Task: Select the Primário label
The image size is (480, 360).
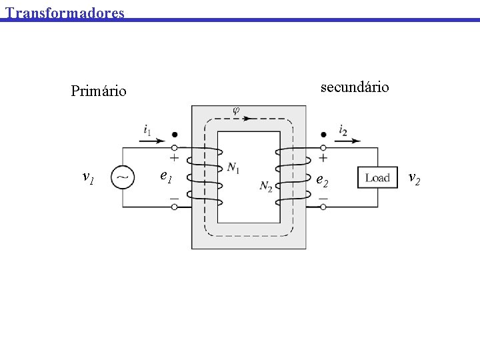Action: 99,91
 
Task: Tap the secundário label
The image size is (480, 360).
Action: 355,87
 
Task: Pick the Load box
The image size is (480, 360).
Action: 377,177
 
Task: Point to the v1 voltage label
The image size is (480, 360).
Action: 88,177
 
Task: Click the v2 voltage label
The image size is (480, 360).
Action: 414,177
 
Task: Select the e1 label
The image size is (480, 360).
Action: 167,177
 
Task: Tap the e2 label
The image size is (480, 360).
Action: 321,179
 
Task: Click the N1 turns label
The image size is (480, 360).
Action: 233,167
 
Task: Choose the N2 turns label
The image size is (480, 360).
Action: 266,185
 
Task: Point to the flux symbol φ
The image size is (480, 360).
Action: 236,110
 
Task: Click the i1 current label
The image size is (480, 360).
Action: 147,129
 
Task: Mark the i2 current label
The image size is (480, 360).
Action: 343,129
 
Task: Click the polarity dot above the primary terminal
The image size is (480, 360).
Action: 175,134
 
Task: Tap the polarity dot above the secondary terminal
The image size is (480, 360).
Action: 323,134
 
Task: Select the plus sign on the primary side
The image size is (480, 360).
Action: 175,159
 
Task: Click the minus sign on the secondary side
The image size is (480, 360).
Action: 323,198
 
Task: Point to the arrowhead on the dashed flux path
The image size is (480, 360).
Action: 247,119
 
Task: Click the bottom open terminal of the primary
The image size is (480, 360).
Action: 175,207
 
